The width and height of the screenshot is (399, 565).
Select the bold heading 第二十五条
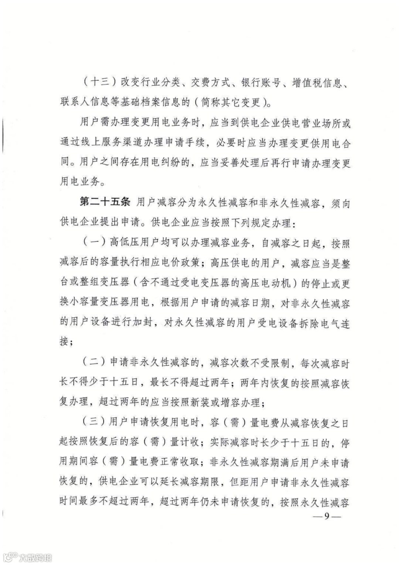pos(104,204)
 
